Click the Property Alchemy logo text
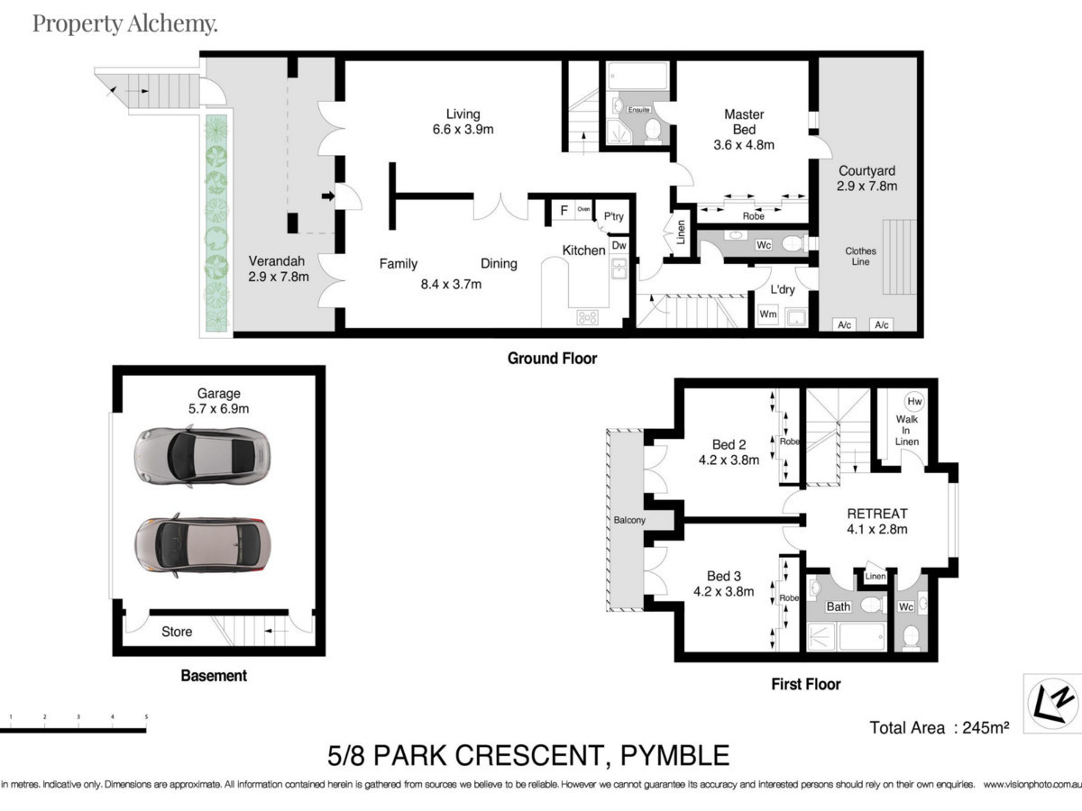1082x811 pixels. click(124, 23)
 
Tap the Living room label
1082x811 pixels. click(463, 114)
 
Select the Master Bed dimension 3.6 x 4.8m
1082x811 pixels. click(744, 144)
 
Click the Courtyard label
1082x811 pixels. click(867, 170)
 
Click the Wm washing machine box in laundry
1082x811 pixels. click(768, 314)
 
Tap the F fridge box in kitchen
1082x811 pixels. click(564, 211)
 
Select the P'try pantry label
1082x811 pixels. click(613, 216)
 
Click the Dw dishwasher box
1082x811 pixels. click(619, 244)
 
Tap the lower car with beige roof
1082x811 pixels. click(200, 546)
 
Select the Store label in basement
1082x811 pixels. click(177, 632)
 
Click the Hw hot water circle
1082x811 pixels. click(914, 401)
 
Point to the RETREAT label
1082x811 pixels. click(876, 514)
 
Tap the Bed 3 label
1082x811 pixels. click(724, 576)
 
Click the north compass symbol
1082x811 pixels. click(1053, 701)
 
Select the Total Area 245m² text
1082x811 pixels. click(938, 727)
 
